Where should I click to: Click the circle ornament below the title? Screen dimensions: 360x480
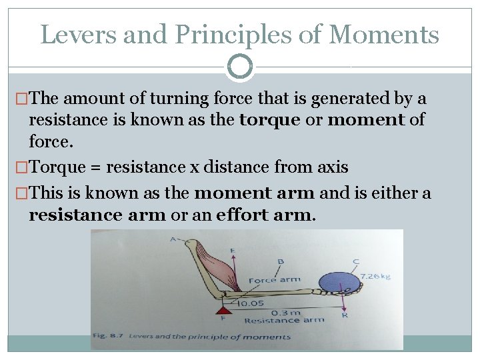[240, 67]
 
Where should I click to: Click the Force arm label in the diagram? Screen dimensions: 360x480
[274, 280]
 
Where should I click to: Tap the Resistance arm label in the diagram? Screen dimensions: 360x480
[284, 320]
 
